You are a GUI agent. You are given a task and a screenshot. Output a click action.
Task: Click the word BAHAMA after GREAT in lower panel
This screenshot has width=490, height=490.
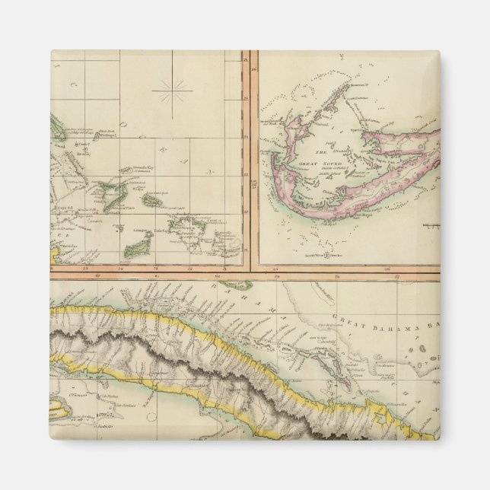[x=387, y=325]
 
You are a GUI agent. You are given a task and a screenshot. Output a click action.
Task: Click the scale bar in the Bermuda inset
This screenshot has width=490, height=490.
[x=431, y=226]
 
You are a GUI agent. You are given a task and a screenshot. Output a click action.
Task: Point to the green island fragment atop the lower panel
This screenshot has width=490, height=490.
[x=242, y=285]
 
